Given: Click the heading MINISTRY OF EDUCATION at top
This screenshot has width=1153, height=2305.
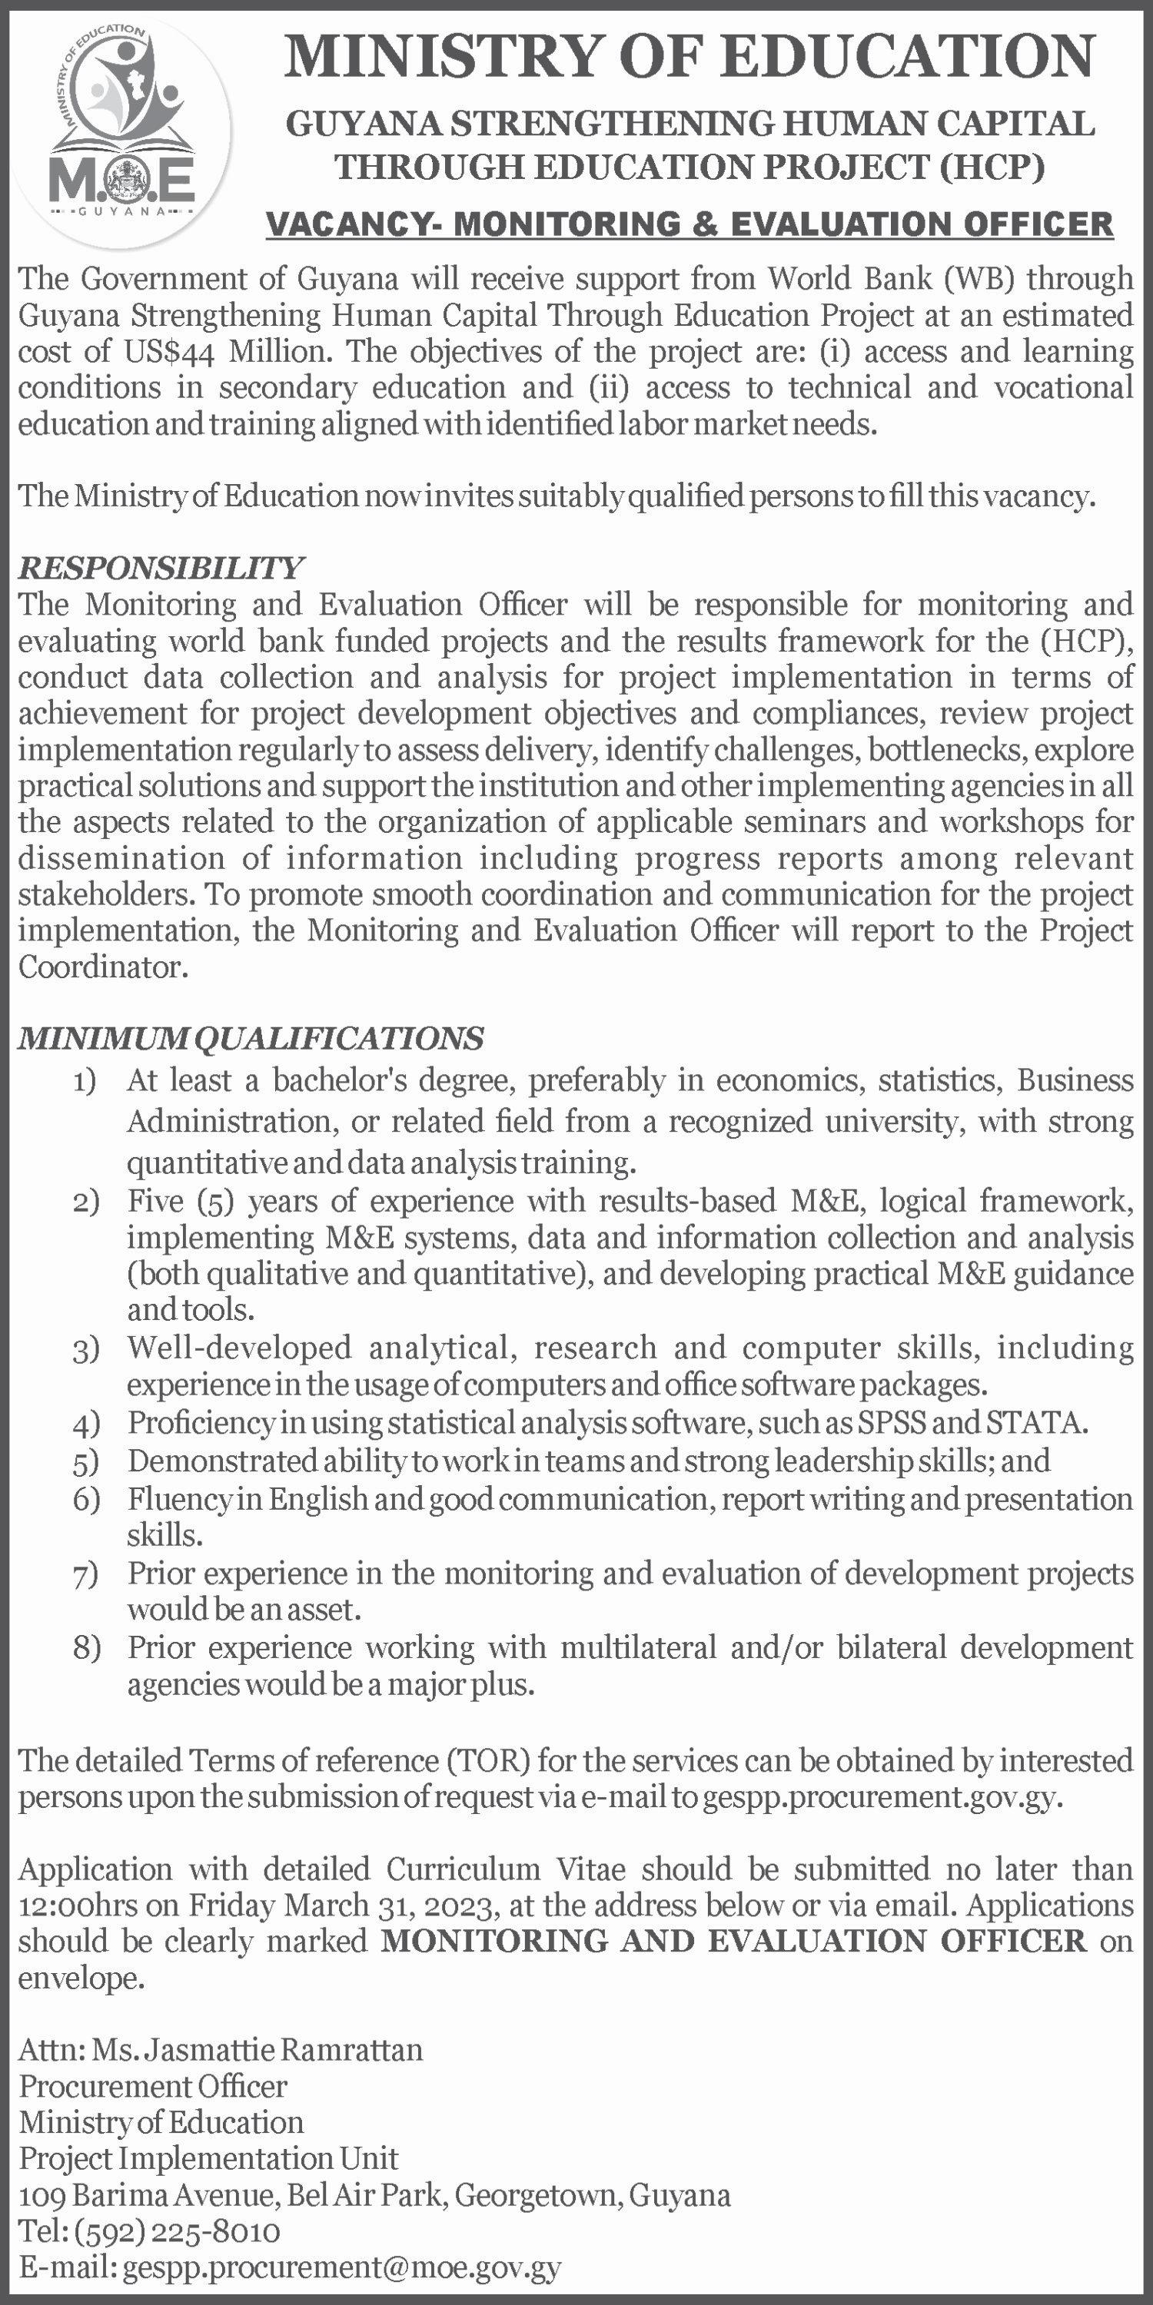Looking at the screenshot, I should (x=689, y=55).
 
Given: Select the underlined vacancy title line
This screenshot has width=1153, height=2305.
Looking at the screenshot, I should (x=689, y=223).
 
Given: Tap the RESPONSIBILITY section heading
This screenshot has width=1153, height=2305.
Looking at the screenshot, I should (x=161, y=567).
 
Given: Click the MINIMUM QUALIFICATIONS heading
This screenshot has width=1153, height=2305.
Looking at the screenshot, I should (x=251, y=1038).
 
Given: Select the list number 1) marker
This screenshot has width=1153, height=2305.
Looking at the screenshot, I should (x=85, y=1082).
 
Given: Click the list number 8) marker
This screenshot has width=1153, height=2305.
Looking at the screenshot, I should (x=86, y=1648).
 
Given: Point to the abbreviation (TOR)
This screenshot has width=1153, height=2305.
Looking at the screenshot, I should (x=487, y=1760).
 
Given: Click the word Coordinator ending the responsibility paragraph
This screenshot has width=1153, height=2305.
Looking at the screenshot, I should (x=102, y=967).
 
